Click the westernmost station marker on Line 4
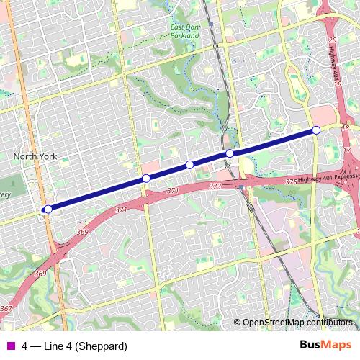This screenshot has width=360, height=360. point(48,210)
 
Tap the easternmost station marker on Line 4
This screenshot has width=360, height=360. point(316,130)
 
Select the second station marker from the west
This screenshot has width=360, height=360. point(146,179)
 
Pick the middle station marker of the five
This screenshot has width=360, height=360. point(190,165)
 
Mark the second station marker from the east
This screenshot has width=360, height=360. point(230,153)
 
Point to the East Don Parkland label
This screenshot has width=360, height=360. point(184,31)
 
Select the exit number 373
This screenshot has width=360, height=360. point(215,186)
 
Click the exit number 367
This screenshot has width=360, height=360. point(6,308)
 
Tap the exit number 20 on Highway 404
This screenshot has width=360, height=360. point(332,40)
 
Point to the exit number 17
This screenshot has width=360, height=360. point(347,150)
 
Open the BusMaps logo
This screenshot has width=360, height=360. point(325,345)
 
